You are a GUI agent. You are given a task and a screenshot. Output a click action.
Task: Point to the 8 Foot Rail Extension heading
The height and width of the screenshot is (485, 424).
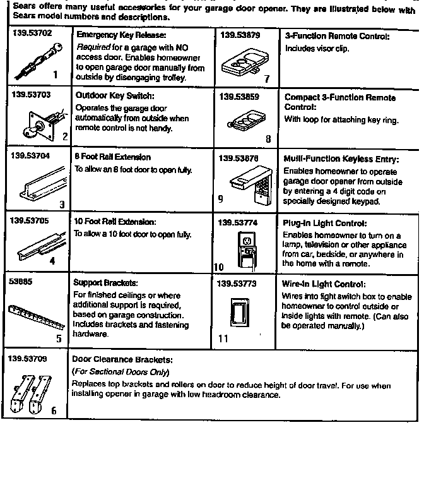pyautogui.click(x=112, y=157)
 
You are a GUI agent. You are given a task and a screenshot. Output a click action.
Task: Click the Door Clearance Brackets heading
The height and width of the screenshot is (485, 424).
pyautogui.click(x=122, y=359)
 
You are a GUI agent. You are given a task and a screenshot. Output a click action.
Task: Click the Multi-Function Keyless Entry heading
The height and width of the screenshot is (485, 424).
pyautogui.click(x=341, y=159)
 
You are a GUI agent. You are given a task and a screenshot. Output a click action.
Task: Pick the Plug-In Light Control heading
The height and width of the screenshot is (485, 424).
pyautogui.click(x=325, y=223)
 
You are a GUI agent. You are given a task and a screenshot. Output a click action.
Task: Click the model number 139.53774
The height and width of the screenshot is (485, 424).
pyautogui.click(x=237, y=222)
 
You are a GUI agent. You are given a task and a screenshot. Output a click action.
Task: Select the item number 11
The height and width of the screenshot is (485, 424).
pyautogui.click(x=223, y=338)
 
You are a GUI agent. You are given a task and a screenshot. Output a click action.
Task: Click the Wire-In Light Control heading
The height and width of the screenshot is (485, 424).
pyautogui.click(x=323, y=284)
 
